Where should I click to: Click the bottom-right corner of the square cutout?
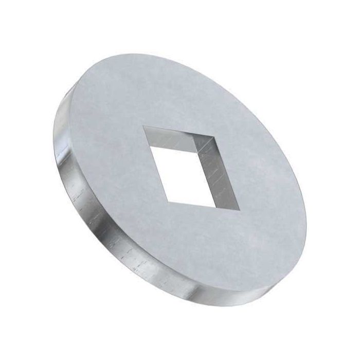tap(240, 210)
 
